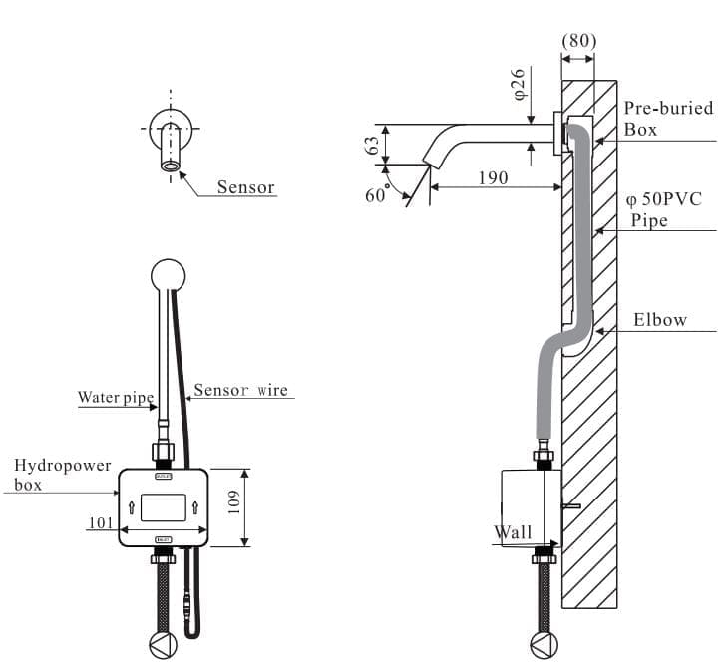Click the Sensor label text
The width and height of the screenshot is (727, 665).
coord(245,187)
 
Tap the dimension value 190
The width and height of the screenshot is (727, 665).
coord(492,177)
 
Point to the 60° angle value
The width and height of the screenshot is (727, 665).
coord(376,195)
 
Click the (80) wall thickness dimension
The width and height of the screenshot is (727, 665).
coord(579,41)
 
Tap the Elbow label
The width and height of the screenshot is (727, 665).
coord(660,320)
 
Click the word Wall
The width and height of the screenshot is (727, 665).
coord(514,533)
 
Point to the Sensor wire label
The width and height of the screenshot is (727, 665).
coord(240,390)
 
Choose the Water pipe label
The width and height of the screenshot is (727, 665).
coord(116,398)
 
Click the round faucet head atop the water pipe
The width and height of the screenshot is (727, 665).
coord(168,276)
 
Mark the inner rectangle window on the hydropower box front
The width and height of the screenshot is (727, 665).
coord(163,506)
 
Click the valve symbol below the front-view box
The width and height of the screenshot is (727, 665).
coord(163,643)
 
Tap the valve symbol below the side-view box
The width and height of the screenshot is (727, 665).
coord(544,643)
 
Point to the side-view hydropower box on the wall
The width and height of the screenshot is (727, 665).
coord(529,506)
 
